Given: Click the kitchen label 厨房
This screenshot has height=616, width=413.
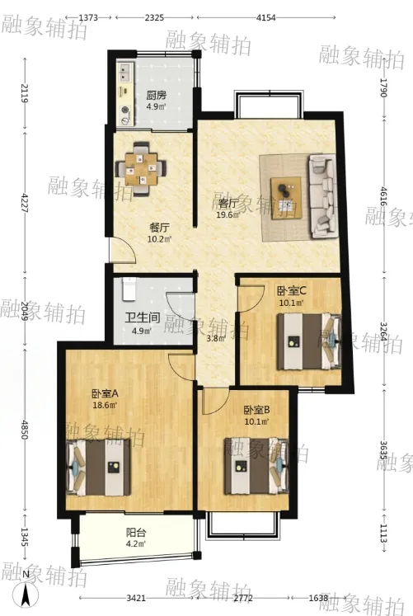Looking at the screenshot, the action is coord(157,95).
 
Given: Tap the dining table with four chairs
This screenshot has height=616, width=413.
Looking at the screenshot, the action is coord(140,169).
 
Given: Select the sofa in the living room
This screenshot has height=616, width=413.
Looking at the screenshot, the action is coord(322,196).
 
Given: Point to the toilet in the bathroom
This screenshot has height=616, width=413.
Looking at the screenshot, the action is coord(129,289).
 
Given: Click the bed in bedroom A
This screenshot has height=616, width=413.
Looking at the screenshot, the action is coord(98,468).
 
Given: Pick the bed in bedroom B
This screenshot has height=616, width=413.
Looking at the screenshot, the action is coord(256,466).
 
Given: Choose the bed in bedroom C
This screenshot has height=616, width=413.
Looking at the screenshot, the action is coord(309,341).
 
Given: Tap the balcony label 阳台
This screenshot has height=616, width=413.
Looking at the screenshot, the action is coord(136,533).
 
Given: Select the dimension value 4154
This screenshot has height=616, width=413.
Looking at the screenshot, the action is coord(265,17).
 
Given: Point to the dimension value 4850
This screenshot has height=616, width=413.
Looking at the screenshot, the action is coord(25,430).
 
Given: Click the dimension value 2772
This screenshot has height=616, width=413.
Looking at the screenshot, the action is coord(244,599).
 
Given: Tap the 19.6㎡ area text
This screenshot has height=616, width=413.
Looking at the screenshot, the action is coord(228,215).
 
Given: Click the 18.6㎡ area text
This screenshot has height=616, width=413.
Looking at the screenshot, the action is coord(105,405).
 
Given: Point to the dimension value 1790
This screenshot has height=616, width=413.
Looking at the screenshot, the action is coord(383,87).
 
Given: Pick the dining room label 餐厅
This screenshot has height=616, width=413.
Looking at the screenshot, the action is coord(159,228).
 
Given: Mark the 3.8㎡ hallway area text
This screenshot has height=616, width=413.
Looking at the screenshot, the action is coord(216,339).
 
